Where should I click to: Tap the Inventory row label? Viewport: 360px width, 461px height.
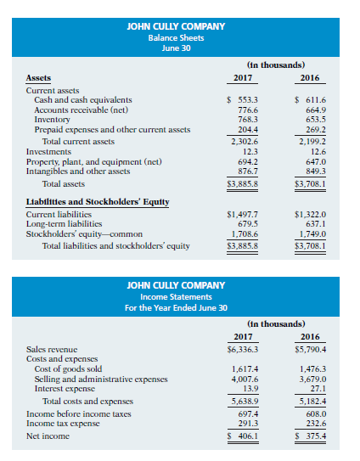[x=48, y=120]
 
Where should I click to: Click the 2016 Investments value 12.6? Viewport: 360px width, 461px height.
[x=312, y=151]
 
